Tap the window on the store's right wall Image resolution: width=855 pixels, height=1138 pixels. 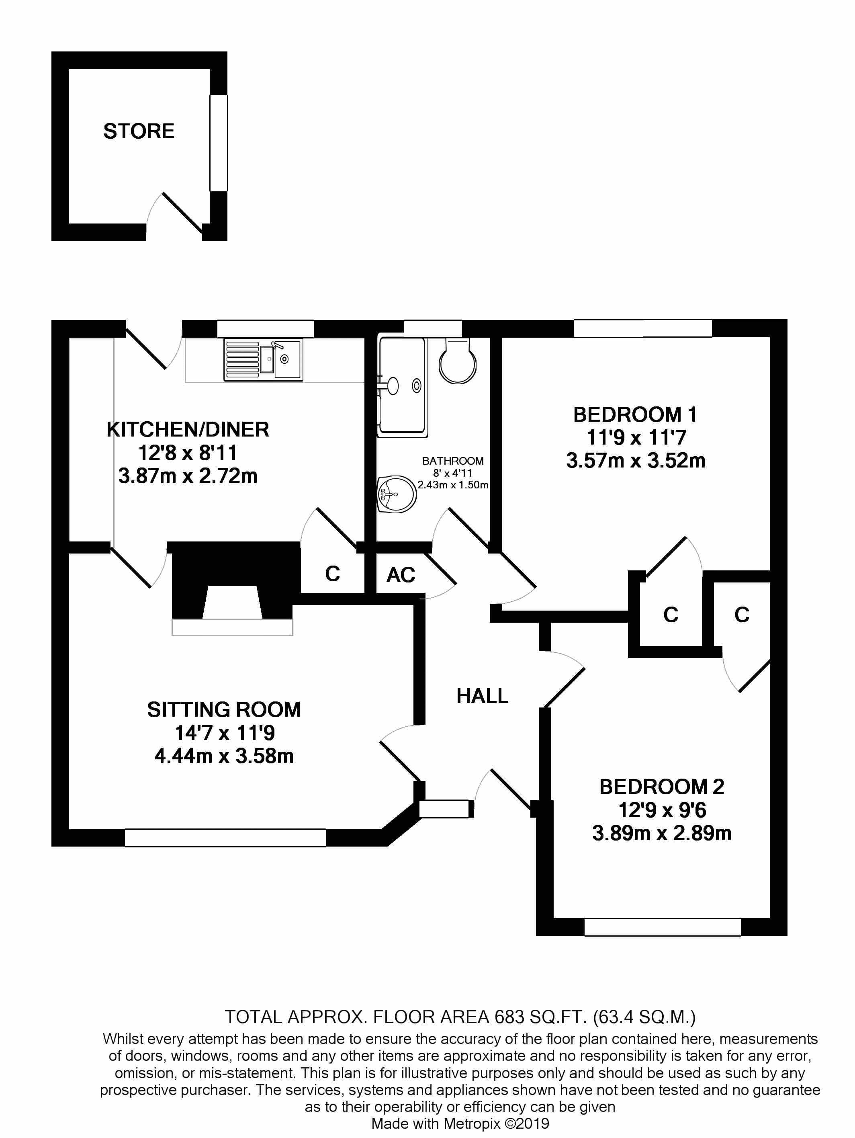pos(219,143)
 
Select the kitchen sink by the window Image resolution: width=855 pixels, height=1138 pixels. pos(263,360)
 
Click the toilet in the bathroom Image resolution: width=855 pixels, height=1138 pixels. pos(458,360)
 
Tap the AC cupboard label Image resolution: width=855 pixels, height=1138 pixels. pos(401,575)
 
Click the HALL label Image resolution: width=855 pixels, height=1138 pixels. pos(482,696)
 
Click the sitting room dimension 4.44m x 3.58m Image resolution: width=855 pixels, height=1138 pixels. pos(224,756)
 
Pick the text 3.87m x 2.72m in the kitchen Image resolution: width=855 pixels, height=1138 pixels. pos(188,476)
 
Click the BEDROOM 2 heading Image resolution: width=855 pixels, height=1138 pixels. pos(662,787)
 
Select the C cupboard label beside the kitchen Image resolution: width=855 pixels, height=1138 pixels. pos(333,574)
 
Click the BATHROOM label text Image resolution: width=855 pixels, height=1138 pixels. pos(453,461)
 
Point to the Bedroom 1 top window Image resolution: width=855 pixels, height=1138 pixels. pos(643,328)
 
